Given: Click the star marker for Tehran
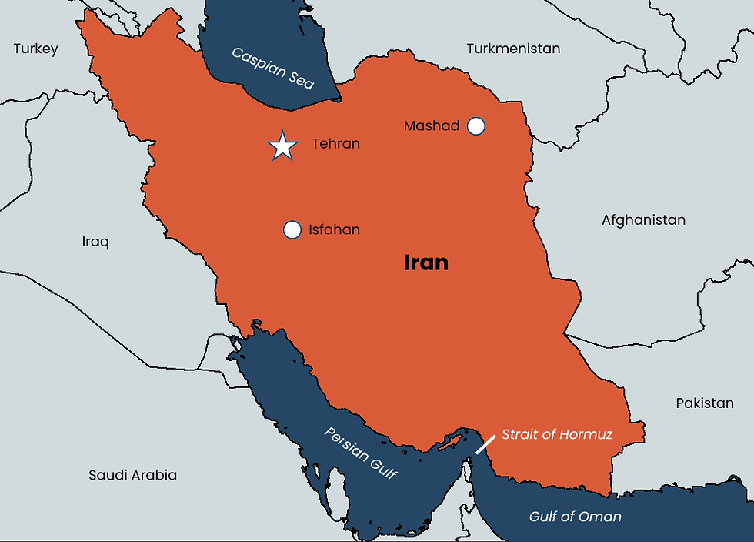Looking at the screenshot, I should click(x=282, y=146).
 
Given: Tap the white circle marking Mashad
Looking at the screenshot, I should click(x=476, y=126).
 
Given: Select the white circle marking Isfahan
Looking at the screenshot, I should click(x=292, y=229).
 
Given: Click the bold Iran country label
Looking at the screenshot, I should click(x=426, y=263).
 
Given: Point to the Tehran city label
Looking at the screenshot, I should click(x=335, y=144).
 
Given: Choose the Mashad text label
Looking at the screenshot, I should click(x=431, y=125).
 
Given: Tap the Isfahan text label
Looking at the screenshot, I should click(x=334, y=229).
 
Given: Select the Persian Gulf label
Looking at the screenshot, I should click(x=360, y=453).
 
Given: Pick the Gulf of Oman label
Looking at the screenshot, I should click(x=575, y=517).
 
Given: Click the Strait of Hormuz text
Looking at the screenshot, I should click(x=557, y=435).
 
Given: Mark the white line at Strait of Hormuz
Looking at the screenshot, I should click(x=485, y=444).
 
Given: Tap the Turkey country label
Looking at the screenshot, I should click(x=35, y=49).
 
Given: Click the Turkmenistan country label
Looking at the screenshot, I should click(x=513, y=49).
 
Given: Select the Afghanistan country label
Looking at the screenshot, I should click(x=643, y=220).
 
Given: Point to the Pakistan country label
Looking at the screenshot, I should click(x=705, y=403).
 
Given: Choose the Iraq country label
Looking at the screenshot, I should click(x=95, y=242).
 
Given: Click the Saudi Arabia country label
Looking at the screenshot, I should click(x=132, y=475).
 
